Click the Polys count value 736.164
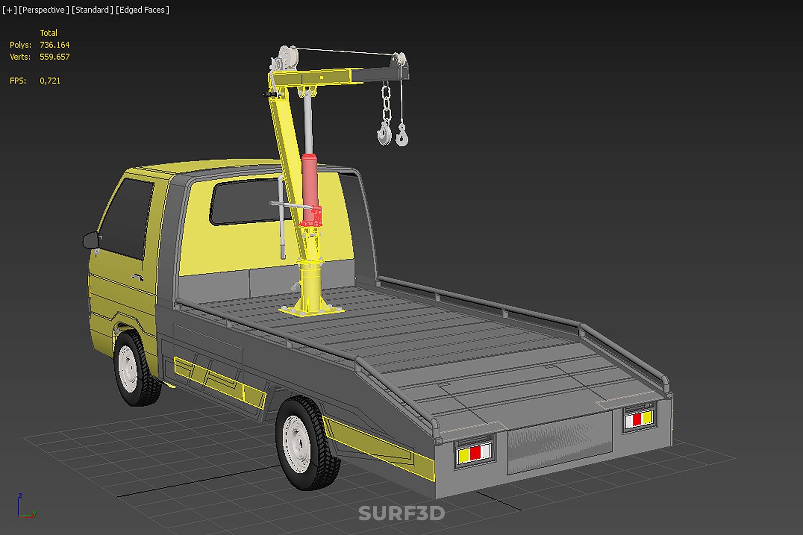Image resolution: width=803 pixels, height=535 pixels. tap(54, 45)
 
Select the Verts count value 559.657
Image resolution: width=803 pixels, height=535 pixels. tap(54, 57)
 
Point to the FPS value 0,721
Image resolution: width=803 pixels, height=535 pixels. tap(50, 81)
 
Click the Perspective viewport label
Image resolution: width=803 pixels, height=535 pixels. tap(44, 10)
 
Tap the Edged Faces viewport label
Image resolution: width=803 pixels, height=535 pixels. tap(143, 10)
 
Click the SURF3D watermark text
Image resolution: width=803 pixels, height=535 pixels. tap(402, 513)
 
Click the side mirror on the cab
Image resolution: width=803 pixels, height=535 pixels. tap(91, 240)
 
